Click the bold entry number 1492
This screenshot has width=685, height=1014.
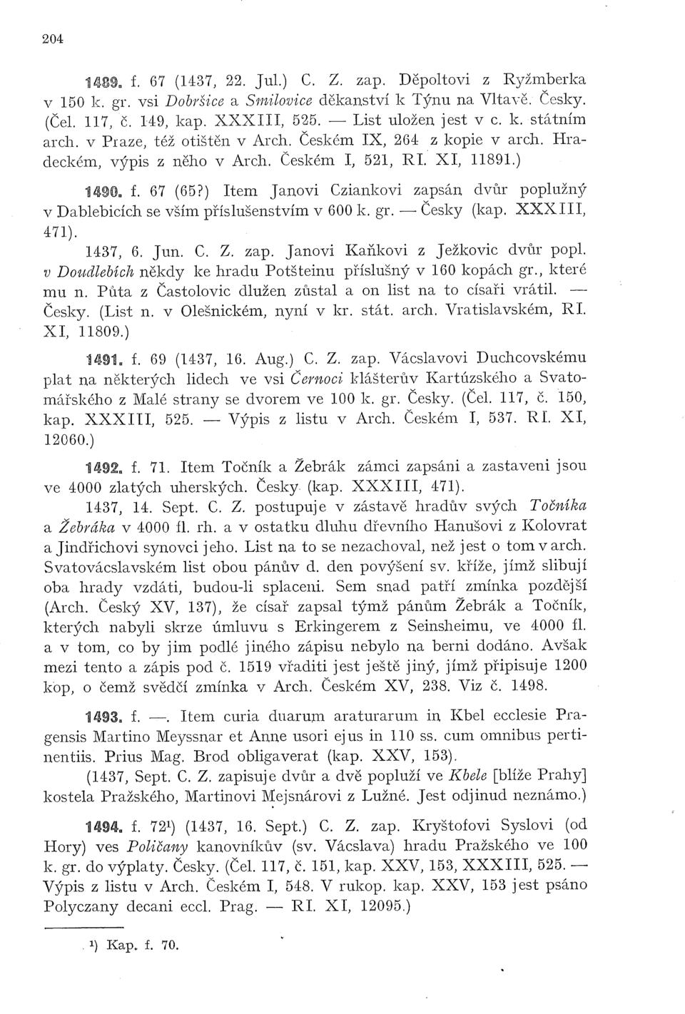[x=101, y=467]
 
